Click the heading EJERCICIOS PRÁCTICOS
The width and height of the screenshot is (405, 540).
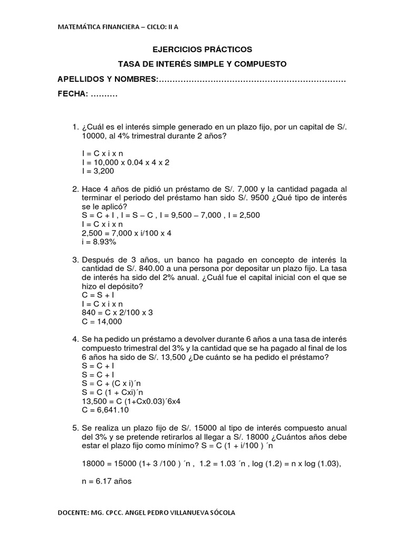click(x=202, y=50)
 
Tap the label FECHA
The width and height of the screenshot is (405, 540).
click(x=73, y=95)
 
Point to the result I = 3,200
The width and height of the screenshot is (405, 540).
click(x=98, y=171)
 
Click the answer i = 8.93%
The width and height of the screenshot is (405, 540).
click(x=99, y=242)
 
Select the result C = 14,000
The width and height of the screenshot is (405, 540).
click(x=102, y=321)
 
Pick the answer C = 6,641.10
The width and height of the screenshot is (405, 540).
click(x=105, y=410)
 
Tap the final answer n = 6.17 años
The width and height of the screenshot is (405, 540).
click(x=107, y=481)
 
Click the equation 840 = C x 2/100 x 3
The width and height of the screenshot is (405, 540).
click(x=118, y=313)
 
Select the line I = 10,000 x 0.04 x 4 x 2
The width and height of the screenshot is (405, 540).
click(x=126, y=162)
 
